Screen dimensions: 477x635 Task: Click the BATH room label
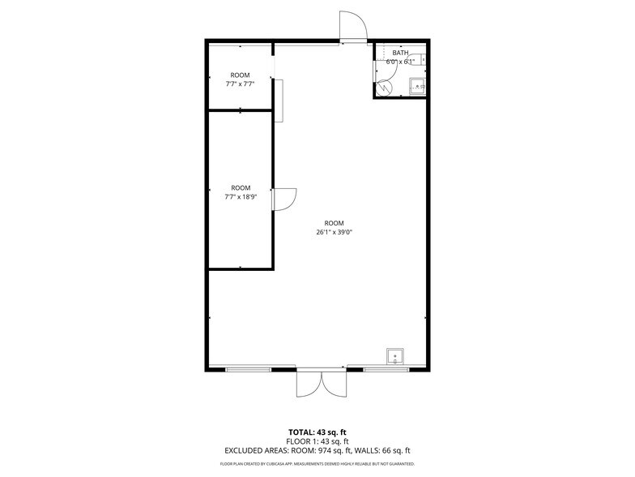(x=400, y=54)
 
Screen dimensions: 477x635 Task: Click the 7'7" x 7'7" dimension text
(x=240, y=84)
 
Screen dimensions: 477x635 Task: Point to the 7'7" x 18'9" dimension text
(x=240, y=196)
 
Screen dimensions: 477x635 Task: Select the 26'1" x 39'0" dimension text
(x=334, y=232)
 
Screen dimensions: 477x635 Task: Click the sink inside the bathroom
(x=418, y=85)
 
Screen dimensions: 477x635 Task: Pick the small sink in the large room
(x=395, y=355)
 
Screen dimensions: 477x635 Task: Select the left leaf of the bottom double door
(x=309, y=384)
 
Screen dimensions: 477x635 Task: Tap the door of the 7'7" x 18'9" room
(x=284, y=200)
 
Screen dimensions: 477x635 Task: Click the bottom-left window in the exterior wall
(x=249, y=369)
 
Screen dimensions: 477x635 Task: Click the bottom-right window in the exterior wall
(x=386, y=369)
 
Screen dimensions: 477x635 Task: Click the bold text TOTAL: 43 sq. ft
(x=317, y=432)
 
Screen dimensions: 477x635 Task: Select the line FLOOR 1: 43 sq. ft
(x=317, y=440)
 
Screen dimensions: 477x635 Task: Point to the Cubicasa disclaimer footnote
(x=317, y=464)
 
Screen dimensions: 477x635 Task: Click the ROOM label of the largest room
(x=334, y=223)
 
